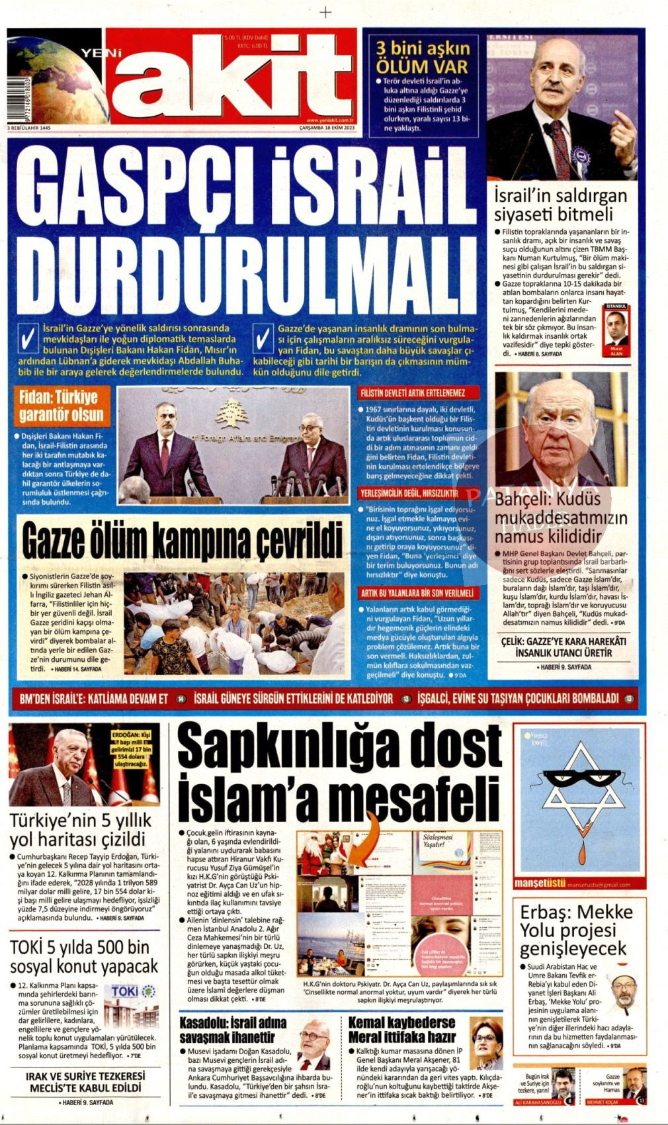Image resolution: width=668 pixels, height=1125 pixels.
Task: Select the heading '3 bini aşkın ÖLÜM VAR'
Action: [x=423, y=58]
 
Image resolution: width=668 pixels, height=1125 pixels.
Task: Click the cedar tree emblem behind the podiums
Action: [x=231, y=416]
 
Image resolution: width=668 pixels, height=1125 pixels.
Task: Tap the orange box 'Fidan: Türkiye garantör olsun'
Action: [x=62, y=406]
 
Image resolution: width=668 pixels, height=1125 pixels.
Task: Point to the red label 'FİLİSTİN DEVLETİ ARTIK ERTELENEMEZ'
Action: [x=413, y=393]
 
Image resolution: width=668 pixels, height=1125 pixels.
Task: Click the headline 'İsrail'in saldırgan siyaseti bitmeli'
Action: [x=561, y=205]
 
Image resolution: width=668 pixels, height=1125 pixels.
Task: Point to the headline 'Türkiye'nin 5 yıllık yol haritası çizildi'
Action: [x=80, y=830]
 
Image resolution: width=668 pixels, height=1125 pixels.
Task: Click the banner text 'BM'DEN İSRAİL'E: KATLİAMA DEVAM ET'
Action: [x=94, y=698]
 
